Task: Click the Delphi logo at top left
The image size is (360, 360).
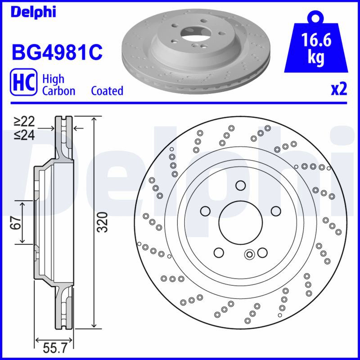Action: click(33, 12)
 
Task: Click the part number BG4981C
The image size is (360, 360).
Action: click(57, 52)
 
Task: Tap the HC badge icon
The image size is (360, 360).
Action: click(23, 82)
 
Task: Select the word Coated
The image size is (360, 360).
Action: click(107, 91)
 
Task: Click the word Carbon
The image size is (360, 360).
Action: click(59, 91)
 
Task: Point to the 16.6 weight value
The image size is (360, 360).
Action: click(316, 40)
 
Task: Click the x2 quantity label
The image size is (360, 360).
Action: click(339, 89)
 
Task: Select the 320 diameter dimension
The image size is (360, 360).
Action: click(102, 222)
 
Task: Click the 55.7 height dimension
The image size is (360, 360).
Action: click(54, 348)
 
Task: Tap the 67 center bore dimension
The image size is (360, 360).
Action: click(16, 222)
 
